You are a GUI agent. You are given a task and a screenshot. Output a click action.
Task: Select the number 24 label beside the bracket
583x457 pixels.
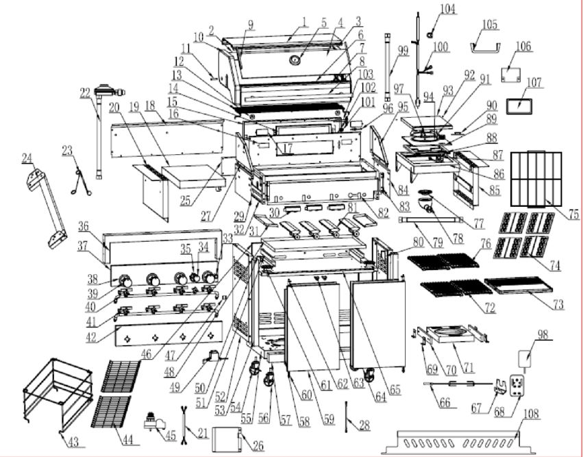[x=27, y=158]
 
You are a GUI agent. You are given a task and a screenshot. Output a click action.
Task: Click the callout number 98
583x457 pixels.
[x=543, y=334]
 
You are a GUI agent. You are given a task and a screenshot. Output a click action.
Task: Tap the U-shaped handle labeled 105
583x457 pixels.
[x=486, y=47]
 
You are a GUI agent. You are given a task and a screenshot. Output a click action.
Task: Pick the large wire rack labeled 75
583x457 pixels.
[x=536, y=177]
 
